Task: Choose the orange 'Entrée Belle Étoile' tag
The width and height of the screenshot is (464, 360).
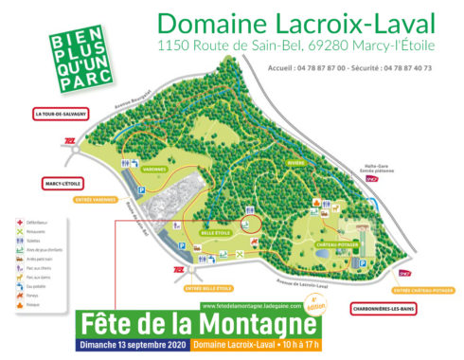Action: pyautogui.click(x=208, y=287)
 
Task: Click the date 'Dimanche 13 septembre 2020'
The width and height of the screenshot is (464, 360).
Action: pyautogui.click(x=134, y=343)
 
